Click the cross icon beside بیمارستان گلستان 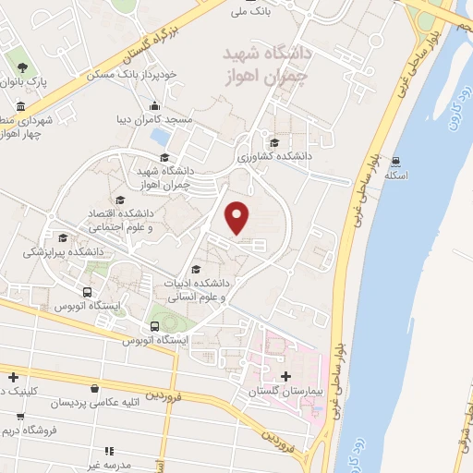(285, 377)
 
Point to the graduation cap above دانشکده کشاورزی (274, 142)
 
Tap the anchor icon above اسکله (395, 160)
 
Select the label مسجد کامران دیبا (158, 121)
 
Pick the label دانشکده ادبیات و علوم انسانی (201, 290)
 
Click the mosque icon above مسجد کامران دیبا (153, 104)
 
